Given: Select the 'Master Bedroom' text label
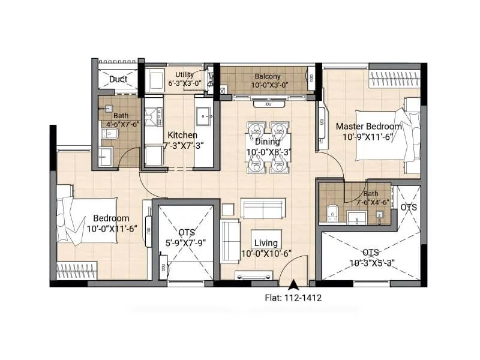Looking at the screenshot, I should (368, 126).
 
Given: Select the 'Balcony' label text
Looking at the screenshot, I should (265, 77).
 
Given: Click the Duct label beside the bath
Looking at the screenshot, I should (118, 79).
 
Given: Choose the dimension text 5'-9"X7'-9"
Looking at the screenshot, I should (185, 243).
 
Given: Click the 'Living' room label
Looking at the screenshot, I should (265, 243).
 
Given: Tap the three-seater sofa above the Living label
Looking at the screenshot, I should (262, 208).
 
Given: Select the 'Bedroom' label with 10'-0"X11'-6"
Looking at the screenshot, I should (111, 218).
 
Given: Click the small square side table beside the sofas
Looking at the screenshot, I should (227, 209).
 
